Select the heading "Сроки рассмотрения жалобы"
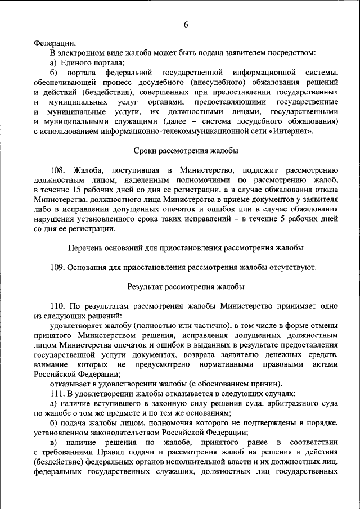pos(186,151)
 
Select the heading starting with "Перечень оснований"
pos(186,247)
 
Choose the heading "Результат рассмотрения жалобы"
pos(186,286)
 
